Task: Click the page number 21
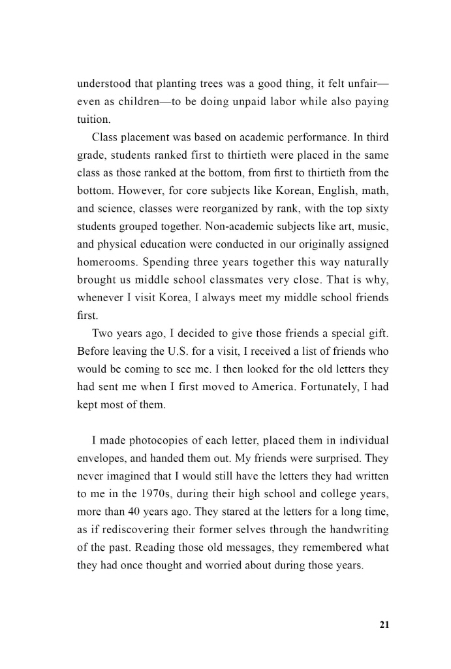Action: [384, 625]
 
